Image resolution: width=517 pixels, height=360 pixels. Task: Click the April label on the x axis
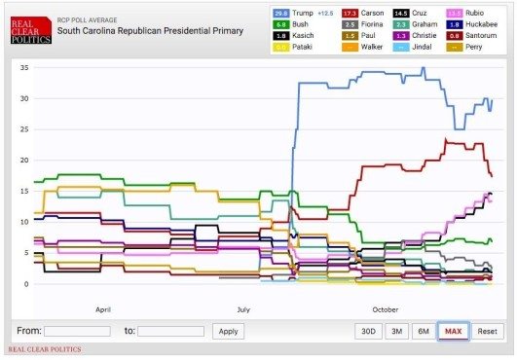[103, 308]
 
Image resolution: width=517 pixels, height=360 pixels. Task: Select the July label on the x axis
[242, 308]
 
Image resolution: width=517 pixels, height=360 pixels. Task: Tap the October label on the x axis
[385, 308]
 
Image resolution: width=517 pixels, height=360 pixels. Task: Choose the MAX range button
[453, 331]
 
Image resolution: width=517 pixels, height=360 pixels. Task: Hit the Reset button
[486, 331]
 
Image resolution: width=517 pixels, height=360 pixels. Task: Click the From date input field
[77, 331]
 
